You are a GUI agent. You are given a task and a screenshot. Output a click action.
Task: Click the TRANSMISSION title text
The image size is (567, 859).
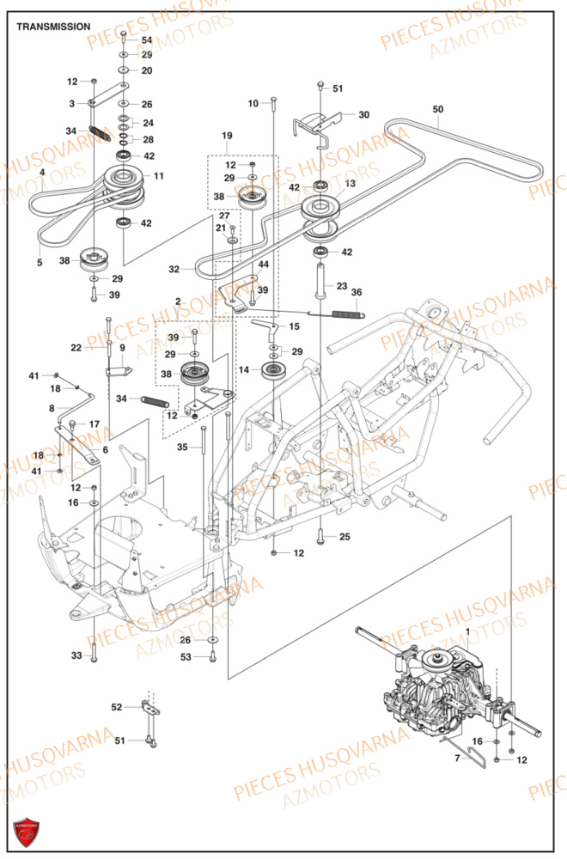[52, 27]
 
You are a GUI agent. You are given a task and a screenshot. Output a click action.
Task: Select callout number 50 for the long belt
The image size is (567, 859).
[438, 109]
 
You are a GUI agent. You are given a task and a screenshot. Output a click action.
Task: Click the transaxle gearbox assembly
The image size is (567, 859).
[447, 687]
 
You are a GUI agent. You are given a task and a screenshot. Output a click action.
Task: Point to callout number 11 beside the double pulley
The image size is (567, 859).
[159, 175]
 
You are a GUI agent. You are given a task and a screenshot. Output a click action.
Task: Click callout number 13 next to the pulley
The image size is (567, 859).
[350, 184]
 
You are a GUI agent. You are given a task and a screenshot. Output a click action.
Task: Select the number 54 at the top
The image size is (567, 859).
[147, 40]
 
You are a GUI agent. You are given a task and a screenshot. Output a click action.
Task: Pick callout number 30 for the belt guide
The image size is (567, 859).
[363, 114]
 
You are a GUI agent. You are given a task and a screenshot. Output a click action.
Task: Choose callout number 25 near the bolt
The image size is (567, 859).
[344, 537]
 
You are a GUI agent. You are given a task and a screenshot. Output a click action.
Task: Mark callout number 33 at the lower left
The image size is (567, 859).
[76, 655]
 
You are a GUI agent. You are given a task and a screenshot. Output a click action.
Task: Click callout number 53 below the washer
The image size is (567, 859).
[186, 657]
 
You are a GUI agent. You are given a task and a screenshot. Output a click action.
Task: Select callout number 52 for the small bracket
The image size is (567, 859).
[117, 707]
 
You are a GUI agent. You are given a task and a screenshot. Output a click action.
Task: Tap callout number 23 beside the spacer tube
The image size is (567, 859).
[341, 286]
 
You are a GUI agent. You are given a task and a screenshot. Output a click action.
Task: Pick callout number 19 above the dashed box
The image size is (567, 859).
[227, 136]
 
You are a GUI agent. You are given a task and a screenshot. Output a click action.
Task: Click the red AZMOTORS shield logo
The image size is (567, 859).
[26, 832]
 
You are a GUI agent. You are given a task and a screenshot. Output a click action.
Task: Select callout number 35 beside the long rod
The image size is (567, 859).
[182, 448]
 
